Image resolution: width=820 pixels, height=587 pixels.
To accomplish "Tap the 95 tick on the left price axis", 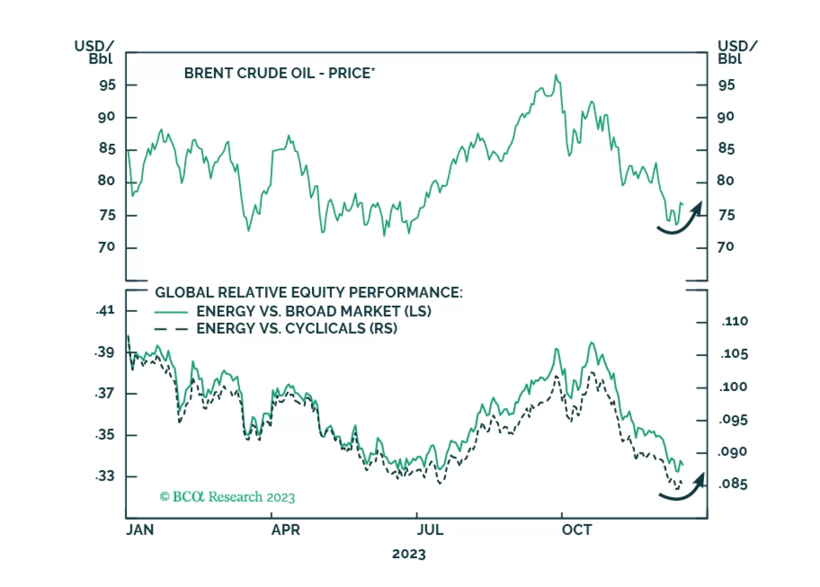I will point(107,85).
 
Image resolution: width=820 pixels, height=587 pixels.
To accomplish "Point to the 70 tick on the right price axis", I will point(726,247).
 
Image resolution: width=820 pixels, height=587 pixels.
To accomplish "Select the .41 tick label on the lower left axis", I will point(105,310).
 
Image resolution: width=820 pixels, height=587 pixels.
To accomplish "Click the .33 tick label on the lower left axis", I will point(105,476).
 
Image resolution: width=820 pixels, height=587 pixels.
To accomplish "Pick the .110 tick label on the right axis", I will point(735,322).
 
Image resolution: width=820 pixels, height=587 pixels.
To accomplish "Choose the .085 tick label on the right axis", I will point(733,484).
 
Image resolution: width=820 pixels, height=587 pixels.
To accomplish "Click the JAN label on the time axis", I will point(140,530).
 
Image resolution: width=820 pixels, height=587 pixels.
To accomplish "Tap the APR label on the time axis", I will point(285,530).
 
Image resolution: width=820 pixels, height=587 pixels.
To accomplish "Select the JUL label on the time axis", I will point(430,530).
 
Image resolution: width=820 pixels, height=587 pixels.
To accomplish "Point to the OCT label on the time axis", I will point(577,530).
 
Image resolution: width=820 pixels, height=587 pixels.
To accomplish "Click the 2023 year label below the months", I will point(409,554).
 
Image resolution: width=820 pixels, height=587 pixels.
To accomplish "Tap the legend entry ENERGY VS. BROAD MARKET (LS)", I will point(314,311).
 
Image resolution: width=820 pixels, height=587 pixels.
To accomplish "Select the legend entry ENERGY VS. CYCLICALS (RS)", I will point(297,328).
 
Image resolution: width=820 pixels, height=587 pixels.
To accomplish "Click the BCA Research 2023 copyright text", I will point(227,497).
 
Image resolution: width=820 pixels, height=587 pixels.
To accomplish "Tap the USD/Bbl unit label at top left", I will point(94,52).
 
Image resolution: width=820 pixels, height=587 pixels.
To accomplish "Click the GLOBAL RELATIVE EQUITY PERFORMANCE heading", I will point(308,292).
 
